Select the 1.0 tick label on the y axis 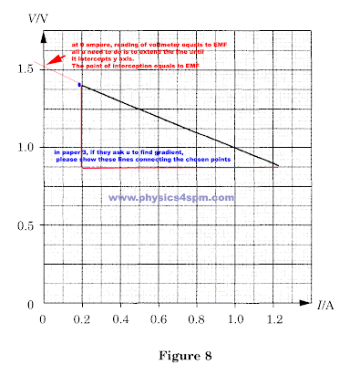tap(25, 147)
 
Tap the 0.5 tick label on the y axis tap(25, 225)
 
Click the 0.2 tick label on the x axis tap(82, 319)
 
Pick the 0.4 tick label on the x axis tap(120, 319)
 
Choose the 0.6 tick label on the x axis tap(159, 319)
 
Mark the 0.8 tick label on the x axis tap(198, 319)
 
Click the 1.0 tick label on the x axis tap(237, 319)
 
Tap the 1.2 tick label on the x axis tap(275, 319)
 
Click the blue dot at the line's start tap(80, 85)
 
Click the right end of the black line tap(277, 166)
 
